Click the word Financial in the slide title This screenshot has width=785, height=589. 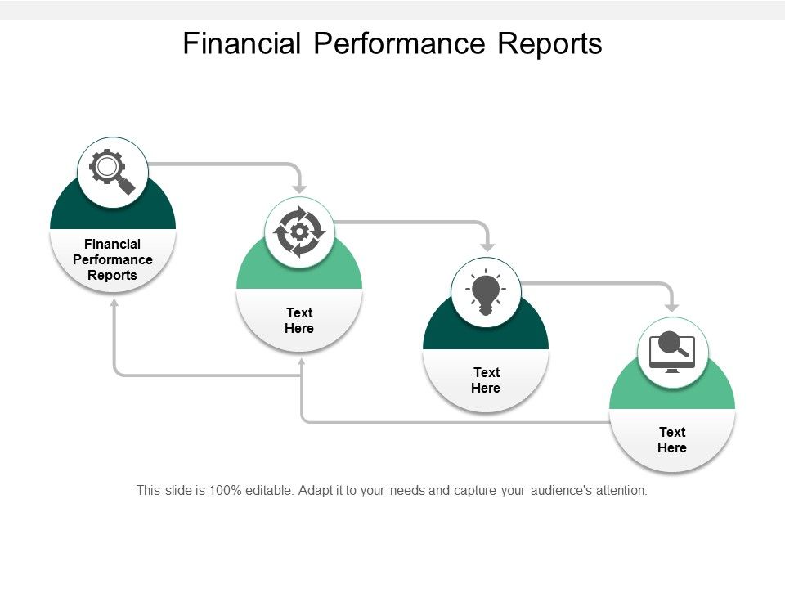click(x=242, y=43)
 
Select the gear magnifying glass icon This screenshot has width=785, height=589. click(x=112, y=172)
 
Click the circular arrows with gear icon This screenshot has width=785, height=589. click(x=299, y=232)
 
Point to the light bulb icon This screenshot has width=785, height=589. click(x=486, y=292)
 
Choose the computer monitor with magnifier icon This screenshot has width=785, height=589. click(x=671, y=353)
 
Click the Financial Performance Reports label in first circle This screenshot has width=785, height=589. click(x=112, y=259)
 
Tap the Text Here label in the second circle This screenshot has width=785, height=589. click(x=299, y=320)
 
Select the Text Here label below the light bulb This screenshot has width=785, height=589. click(x=486, y=380)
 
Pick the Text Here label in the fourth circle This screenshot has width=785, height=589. click(x=671, y=440)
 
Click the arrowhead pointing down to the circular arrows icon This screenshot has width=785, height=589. click(x=300, y=187)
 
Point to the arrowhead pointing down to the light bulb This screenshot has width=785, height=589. click(x=487, y=245)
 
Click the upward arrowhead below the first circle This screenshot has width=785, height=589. click(x=114, y=302)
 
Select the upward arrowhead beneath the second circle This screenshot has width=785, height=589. click(x=301, y=362)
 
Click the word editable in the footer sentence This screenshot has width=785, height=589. click(x=269, y=491)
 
